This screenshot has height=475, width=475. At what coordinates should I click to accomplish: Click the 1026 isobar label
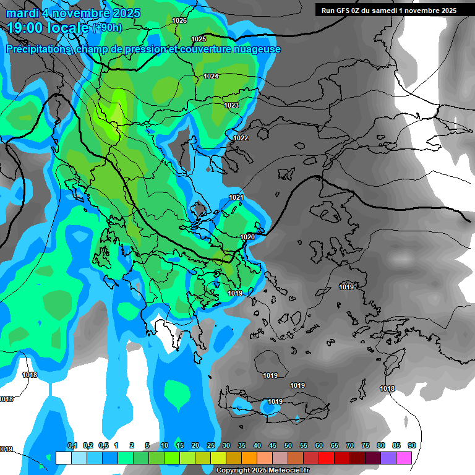(179, 20)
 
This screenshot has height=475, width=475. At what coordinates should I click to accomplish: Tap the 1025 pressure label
(199, 39)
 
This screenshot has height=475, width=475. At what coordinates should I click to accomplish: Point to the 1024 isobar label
(211, 76)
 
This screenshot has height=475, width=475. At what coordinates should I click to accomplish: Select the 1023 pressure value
(231, 105)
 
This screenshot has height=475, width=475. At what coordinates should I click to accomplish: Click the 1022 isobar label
(241, 138)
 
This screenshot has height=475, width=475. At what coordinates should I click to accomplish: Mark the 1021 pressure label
(236, 197)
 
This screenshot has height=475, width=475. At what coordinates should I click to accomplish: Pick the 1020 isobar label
(247, 237)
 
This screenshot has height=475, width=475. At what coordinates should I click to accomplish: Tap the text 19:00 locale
(48, 28)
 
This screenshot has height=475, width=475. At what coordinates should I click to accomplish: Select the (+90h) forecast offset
(108, 28)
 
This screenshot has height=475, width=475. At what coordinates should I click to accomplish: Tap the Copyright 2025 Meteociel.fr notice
(262, 471)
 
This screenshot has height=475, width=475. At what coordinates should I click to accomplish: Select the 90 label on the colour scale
(411, 445)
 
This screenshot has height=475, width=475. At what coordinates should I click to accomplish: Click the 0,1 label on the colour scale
(72, 445)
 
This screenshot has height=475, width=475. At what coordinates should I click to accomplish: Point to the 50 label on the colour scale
(288, 445)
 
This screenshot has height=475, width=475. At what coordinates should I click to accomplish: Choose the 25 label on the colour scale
(211, 445)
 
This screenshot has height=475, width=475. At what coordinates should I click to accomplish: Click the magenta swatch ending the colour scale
(404, 458)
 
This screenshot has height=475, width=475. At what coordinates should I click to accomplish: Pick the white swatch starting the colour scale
(64, 458)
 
